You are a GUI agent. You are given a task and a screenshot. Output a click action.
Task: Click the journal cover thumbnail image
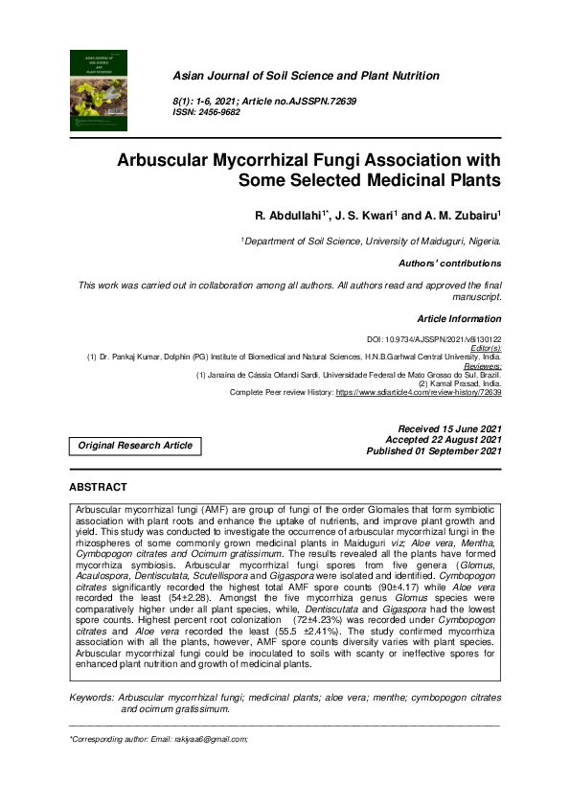[x=100, y=90]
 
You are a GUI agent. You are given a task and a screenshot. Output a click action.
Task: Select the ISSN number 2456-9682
[x=220, y=112]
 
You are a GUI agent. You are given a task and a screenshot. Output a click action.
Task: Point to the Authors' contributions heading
[x=449, y=263]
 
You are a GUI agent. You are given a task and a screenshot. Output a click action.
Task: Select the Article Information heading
[x=459, y=317]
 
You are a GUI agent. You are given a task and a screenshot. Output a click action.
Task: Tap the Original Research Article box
[x=135, y=445]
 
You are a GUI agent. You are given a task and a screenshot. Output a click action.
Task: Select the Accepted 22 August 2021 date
[x=443, y=438]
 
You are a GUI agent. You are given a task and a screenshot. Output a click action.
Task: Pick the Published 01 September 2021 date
[x=434, y=450]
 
